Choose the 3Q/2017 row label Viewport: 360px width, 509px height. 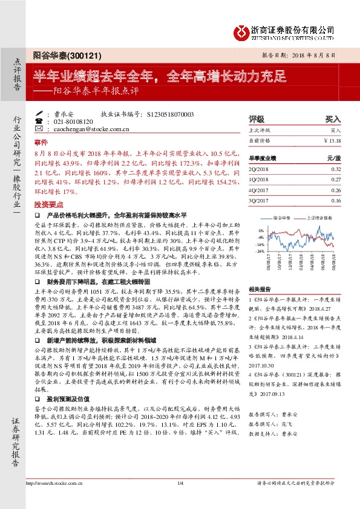258,199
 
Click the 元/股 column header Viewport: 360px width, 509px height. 334,157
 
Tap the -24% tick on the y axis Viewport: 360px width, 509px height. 260,250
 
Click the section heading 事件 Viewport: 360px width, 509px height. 41,141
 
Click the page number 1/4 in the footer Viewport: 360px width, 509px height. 180,500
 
